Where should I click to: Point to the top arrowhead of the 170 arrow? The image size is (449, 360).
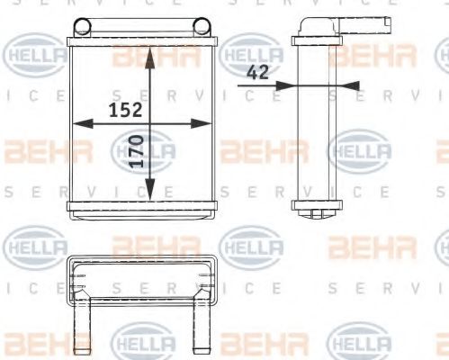point(150,52)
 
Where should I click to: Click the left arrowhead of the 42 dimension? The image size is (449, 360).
point(286,85)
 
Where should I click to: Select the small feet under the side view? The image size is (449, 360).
point(315,213)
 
